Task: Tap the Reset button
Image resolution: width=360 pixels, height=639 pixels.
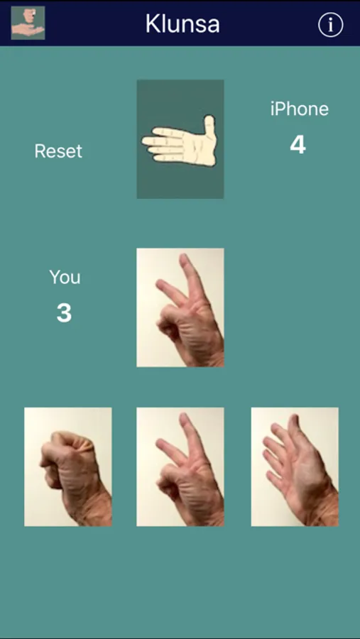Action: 58,151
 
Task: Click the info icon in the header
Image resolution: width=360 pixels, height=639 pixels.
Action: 330,25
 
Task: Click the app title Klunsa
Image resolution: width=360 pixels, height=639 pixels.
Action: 182,24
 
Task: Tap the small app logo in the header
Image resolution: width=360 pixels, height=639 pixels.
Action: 28,23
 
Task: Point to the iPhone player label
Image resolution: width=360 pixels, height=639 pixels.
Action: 299,109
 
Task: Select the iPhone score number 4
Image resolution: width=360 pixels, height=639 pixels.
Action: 298,146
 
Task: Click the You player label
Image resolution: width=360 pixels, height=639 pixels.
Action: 65,277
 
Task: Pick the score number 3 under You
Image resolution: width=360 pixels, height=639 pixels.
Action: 64,313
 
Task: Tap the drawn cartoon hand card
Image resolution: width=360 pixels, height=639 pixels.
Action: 180,139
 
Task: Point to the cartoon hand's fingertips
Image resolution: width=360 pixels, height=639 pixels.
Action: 147,146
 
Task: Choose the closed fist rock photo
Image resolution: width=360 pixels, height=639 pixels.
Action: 68,466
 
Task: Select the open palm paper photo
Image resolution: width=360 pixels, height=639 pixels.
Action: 295,466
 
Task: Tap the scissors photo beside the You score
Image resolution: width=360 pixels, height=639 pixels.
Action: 180,307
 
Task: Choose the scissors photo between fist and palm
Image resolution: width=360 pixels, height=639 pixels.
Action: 180,466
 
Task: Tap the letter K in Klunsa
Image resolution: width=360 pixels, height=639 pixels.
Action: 153,24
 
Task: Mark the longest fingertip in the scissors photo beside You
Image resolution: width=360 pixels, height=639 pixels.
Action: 185,258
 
